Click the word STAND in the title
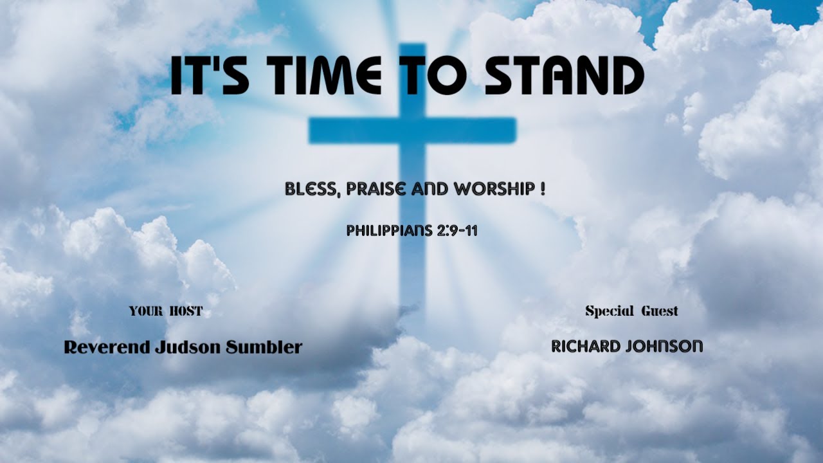coord(564,76)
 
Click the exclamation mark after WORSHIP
coord(543,189)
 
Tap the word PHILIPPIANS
coord(386,231)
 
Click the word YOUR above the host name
coord(145,312)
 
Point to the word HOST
coord(186,312)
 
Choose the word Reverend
coord(107,348)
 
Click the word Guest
coord(659,312)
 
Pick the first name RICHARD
coord(586,347)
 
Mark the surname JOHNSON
coord(665,347)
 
